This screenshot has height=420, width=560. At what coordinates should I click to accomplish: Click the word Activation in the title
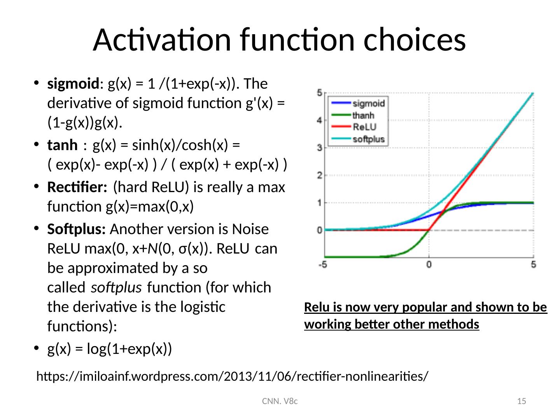162,40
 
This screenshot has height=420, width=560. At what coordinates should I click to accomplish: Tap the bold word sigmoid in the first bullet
73,84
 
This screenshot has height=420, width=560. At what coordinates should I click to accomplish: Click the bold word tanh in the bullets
62,145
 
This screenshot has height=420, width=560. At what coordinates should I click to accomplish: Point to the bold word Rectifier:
77,187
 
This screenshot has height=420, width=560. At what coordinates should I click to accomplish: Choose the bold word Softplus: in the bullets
76,229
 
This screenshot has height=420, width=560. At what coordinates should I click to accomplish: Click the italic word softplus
116,288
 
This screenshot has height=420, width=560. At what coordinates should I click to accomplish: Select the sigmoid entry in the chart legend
358,103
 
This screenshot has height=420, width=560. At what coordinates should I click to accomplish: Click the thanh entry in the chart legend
353,115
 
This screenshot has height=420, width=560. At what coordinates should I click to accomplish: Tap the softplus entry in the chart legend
358,139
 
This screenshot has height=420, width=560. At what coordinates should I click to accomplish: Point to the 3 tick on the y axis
320,148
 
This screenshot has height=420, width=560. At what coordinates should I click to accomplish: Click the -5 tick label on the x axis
322,265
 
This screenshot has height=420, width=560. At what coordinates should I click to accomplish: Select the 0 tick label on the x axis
429,265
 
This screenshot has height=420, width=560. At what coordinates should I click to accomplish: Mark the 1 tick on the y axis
320,203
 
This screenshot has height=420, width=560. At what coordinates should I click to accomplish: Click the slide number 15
521,401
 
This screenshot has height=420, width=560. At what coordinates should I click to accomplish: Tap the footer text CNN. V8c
280,401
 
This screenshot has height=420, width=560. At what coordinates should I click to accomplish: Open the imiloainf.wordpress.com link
232,376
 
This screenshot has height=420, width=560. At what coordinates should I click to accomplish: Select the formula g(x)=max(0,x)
150,206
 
